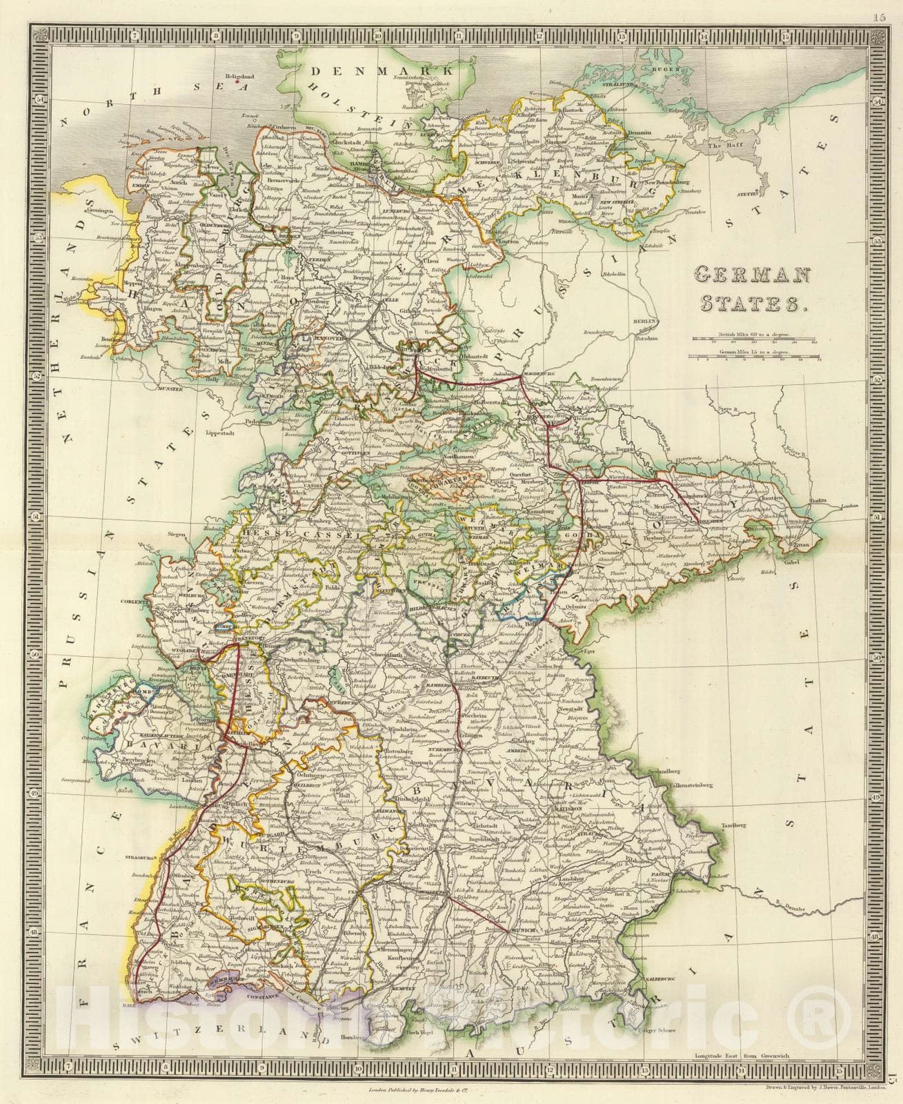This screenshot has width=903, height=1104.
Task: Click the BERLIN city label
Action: [645, 322]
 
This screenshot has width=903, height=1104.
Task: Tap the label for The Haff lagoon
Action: [721, 145]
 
